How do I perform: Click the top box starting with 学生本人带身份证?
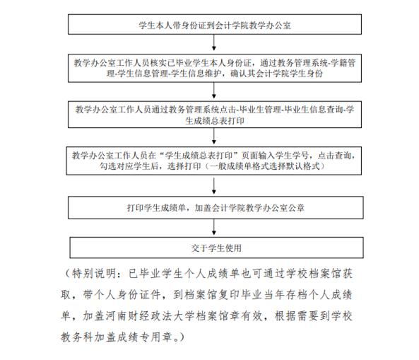point(215,24)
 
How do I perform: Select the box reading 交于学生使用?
point(216,248)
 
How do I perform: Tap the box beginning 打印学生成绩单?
point(216,207)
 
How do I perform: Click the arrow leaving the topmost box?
point(214,42)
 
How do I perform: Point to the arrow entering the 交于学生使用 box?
point(214,227)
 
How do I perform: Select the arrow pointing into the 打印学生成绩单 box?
point(214,185)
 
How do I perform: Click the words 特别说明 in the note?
point(95,274)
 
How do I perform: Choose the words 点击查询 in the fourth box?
point(335,156)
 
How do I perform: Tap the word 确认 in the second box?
point(238,74)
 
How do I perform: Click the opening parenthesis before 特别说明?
point(67,274)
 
